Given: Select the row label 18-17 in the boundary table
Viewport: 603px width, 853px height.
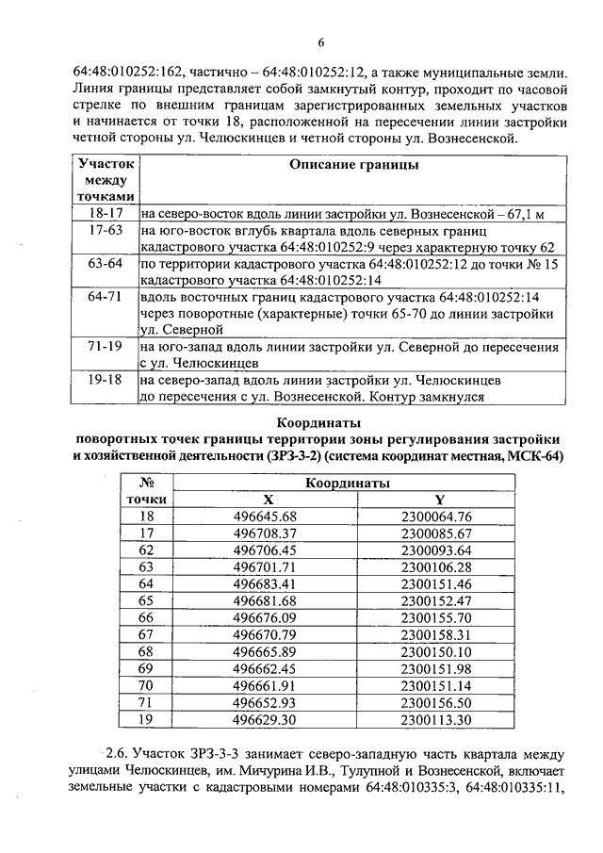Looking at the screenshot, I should (x=106, y=214).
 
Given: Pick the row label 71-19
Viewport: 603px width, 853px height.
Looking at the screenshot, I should (x=106, y=347).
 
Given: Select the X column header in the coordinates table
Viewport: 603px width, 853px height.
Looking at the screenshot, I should (x=269, y=500).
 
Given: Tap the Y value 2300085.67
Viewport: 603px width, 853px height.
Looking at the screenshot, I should (x=435, y=533).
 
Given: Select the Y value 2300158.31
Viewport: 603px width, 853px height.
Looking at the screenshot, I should (x=435, y=635).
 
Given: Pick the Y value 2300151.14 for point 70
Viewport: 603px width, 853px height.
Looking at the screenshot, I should (x=435, y=686).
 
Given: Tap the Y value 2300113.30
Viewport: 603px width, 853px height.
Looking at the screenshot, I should (x=435, y=720).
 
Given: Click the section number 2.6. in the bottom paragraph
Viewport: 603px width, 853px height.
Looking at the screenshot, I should (x=120, y=757).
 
